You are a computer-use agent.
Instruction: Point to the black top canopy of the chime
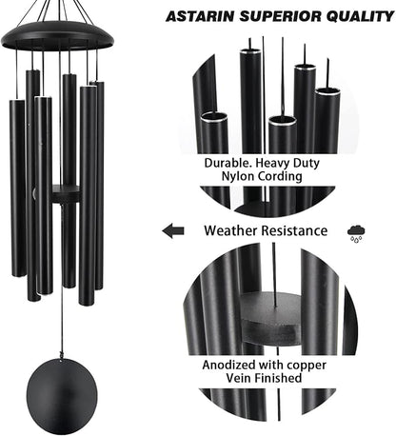[57, 36]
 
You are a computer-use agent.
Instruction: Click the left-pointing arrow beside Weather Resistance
[173, 229]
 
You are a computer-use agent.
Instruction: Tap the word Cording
[286, 177]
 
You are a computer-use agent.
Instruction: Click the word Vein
[240, 378]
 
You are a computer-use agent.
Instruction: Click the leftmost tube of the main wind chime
[19, 186]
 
